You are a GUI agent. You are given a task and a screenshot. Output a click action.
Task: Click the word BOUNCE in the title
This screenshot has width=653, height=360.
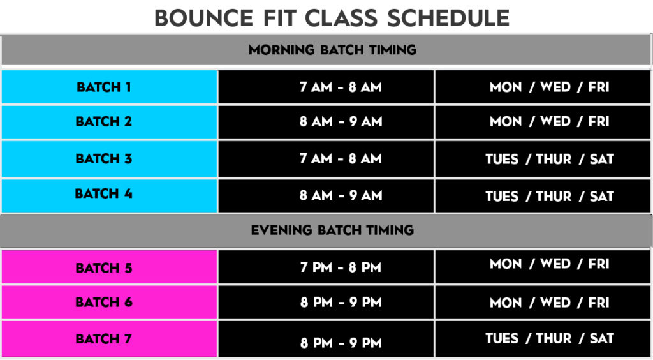(x=203, y=19)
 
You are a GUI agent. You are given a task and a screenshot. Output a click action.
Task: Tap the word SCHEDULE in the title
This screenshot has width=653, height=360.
(x=448, y=19)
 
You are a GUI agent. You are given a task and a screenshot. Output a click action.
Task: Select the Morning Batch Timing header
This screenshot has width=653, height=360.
(x=326, y=50)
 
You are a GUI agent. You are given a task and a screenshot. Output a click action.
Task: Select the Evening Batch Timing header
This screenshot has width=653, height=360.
(x=326, y=230)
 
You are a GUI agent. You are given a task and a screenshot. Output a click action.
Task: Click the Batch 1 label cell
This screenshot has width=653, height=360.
(x=109, y=87)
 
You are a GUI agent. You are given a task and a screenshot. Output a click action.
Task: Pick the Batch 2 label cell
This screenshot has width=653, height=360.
(x=109, y=122)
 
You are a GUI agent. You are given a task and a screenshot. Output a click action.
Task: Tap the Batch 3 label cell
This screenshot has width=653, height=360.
(x=109, y=159)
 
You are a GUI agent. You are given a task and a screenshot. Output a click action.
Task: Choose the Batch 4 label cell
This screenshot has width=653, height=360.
(x=109, y=195)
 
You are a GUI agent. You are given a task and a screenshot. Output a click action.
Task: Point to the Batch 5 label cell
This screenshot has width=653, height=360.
(x=109, y=267)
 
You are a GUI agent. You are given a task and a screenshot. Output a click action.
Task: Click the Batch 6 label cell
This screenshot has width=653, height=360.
(x=109, y=302)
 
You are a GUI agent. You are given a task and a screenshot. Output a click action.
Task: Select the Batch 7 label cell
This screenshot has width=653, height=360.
(x=109, y=339)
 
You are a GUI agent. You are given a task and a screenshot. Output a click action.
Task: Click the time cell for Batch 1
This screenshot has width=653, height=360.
(x=326, y=87)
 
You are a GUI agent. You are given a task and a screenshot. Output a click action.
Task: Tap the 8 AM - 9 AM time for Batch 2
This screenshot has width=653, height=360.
(x=326, y=122)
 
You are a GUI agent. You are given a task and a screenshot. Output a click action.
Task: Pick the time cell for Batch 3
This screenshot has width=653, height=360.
(x=326, y=159)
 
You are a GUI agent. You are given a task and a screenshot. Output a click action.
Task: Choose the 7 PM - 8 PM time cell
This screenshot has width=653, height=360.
(x=326, y=267)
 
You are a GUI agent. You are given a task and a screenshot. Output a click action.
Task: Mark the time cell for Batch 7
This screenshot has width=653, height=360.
(x=326, y=339)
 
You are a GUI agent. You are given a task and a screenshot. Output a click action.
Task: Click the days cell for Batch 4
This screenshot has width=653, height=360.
(x=543, y=195)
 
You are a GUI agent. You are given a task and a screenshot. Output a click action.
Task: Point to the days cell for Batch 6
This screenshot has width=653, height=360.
(x=543, y=302)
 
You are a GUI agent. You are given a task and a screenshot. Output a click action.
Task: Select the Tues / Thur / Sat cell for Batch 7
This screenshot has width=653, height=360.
(x=543, y=339)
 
